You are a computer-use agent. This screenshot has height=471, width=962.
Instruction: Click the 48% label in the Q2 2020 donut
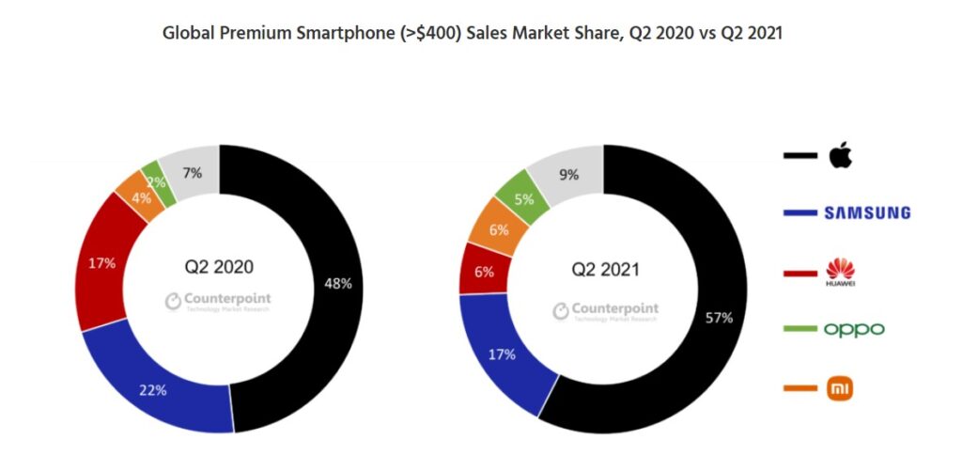[339, 283]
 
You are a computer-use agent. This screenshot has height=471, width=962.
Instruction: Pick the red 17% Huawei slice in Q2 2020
[101, 263]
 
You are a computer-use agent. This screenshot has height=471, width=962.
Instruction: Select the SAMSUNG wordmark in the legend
[867, 213]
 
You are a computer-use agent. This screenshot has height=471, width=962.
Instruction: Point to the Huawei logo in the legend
[840, 272]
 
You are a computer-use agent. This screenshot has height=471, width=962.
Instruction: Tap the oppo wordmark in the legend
[854, 329]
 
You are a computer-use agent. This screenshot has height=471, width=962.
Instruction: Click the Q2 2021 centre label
[605, 270]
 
